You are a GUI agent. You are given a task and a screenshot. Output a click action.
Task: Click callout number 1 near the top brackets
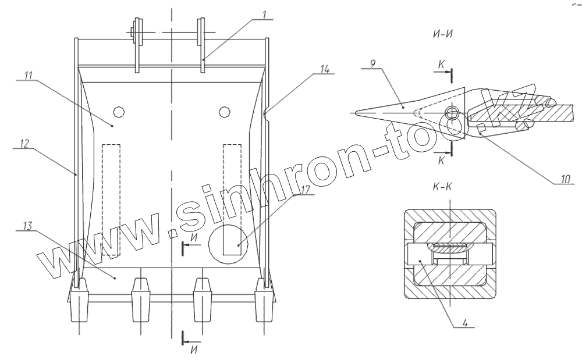pyautogui.click(x=264, y=13)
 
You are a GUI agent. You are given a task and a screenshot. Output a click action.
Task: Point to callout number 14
pyautogui.click(x=324, y=69)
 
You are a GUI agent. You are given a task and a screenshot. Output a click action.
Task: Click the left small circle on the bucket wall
pyautogui.click(x=119, y=111)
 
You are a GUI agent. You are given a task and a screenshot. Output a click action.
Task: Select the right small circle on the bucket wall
pyautogui.click(x=224, y=112)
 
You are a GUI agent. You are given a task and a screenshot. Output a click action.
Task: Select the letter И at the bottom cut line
pyautogui.click(x=193, y=350)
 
